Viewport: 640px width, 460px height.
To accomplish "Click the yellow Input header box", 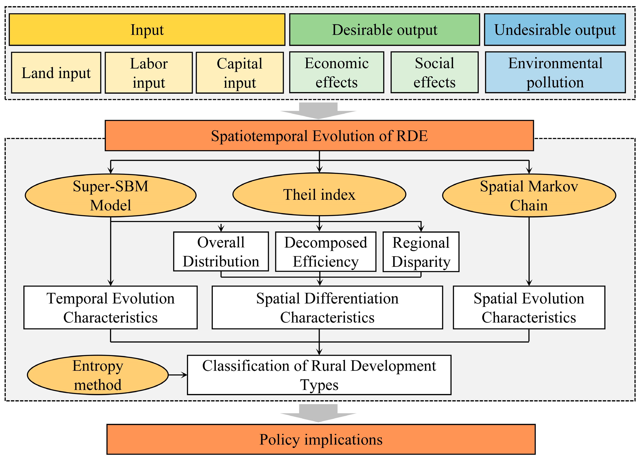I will [x=147, y=30].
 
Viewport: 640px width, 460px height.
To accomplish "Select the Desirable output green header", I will [x=384, y=30].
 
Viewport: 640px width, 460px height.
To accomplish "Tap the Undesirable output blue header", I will [x=555, y=30].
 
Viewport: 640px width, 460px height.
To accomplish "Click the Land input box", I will [x=56, y=73].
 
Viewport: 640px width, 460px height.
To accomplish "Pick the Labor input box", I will [x=149, y=73].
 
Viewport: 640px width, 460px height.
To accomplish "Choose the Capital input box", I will [x=240, y=73].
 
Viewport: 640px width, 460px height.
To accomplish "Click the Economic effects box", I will [x=336, y=72].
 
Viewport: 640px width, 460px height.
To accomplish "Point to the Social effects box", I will [x=434, y=72].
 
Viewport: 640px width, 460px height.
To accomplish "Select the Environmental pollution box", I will [x=555, y=72].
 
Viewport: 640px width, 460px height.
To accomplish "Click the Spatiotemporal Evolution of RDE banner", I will [x=319, y=136].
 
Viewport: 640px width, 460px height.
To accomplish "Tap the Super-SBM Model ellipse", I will [x=110, y=195].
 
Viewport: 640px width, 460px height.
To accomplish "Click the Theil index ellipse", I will [x=319, y=195].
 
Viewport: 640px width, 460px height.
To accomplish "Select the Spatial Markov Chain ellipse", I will [x=529, y=195].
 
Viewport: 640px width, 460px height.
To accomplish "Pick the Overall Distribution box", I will [x=221, y=251].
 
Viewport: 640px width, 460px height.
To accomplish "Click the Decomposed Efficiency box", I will [x=325, y=252].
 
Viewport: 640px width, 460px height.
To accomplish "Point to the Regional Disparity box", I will [x=421, y=252].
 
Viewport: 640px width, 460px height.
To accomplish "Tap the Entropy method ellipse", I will [x=98, y=375].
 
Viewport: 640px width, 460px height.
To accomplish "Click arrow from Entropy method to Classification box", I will [x=178, y=375].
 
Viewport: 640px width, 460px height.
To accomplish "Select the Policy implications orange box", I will [x=321, y=439].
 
